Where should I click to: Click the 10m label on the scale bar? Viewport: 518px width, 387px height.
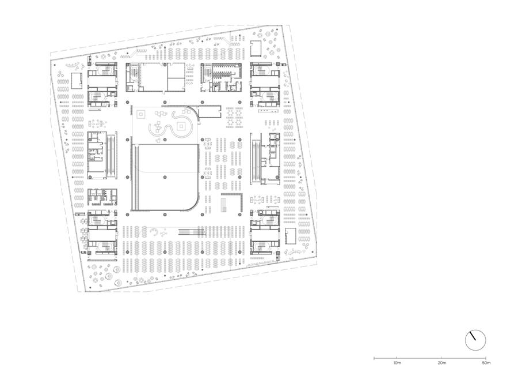(x=397, y=363)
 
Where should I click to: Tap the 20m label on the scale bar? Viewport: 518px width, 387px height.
(x=441, y=363)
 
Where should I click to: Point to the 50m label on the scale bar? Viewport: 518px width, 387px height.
(x=486, y=363)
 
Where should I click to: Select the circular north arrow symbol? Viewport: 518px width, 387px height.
(x=475, y=340)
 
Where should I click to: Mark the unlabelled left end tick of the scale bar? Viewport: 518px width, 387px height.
(x=374, y=358)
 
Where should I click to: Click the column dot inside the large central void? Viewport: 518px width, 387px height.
(x=165, y=178)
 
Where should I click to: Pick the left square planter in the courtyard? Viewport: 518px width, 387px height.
(x=141, y=115)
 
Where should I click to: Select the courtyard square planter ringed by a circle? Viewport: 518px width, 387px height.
(x=181, y=126)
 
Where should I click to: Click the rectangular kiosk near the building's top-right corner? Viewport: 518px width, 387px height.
(x=256, y=48)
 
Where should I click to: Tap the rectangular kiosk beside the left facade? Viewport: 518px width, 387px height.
(x=77, y=81)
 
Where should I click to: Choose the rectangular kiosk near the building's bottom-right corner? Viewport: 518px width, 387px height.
(x=291, y=236)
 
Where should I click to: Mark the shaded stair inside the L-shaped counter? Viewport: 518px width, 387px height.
(x=224, y=205)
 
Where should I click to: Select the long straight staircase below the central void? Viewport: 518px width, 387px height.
(x=192, y=231)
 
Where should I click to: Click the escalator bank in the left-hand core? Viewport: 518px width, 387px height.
(x=112, y=156)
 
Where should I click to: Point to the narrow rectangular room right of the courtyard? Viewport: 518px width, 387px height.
(x=210, y=112)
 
